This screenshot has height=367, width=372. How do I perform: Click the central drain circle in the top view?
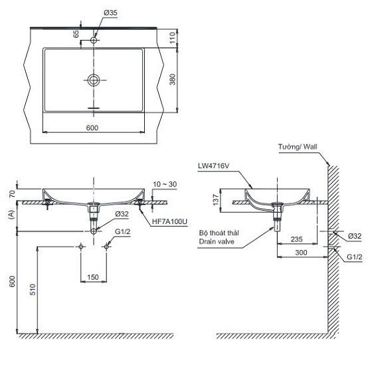[94, 80]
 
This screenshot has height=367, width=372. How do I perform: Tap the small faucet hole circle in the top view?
[94, 41]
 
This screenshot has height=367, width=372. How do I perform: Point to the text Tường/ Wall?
[299, 146]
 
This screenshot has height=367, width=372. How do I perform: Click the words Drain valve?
[217, 243]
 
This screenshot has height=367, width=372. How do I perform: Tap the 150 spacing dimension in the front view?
[94, 276]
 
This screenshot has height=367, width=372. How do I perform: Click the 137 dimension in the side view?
[223, 200]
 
